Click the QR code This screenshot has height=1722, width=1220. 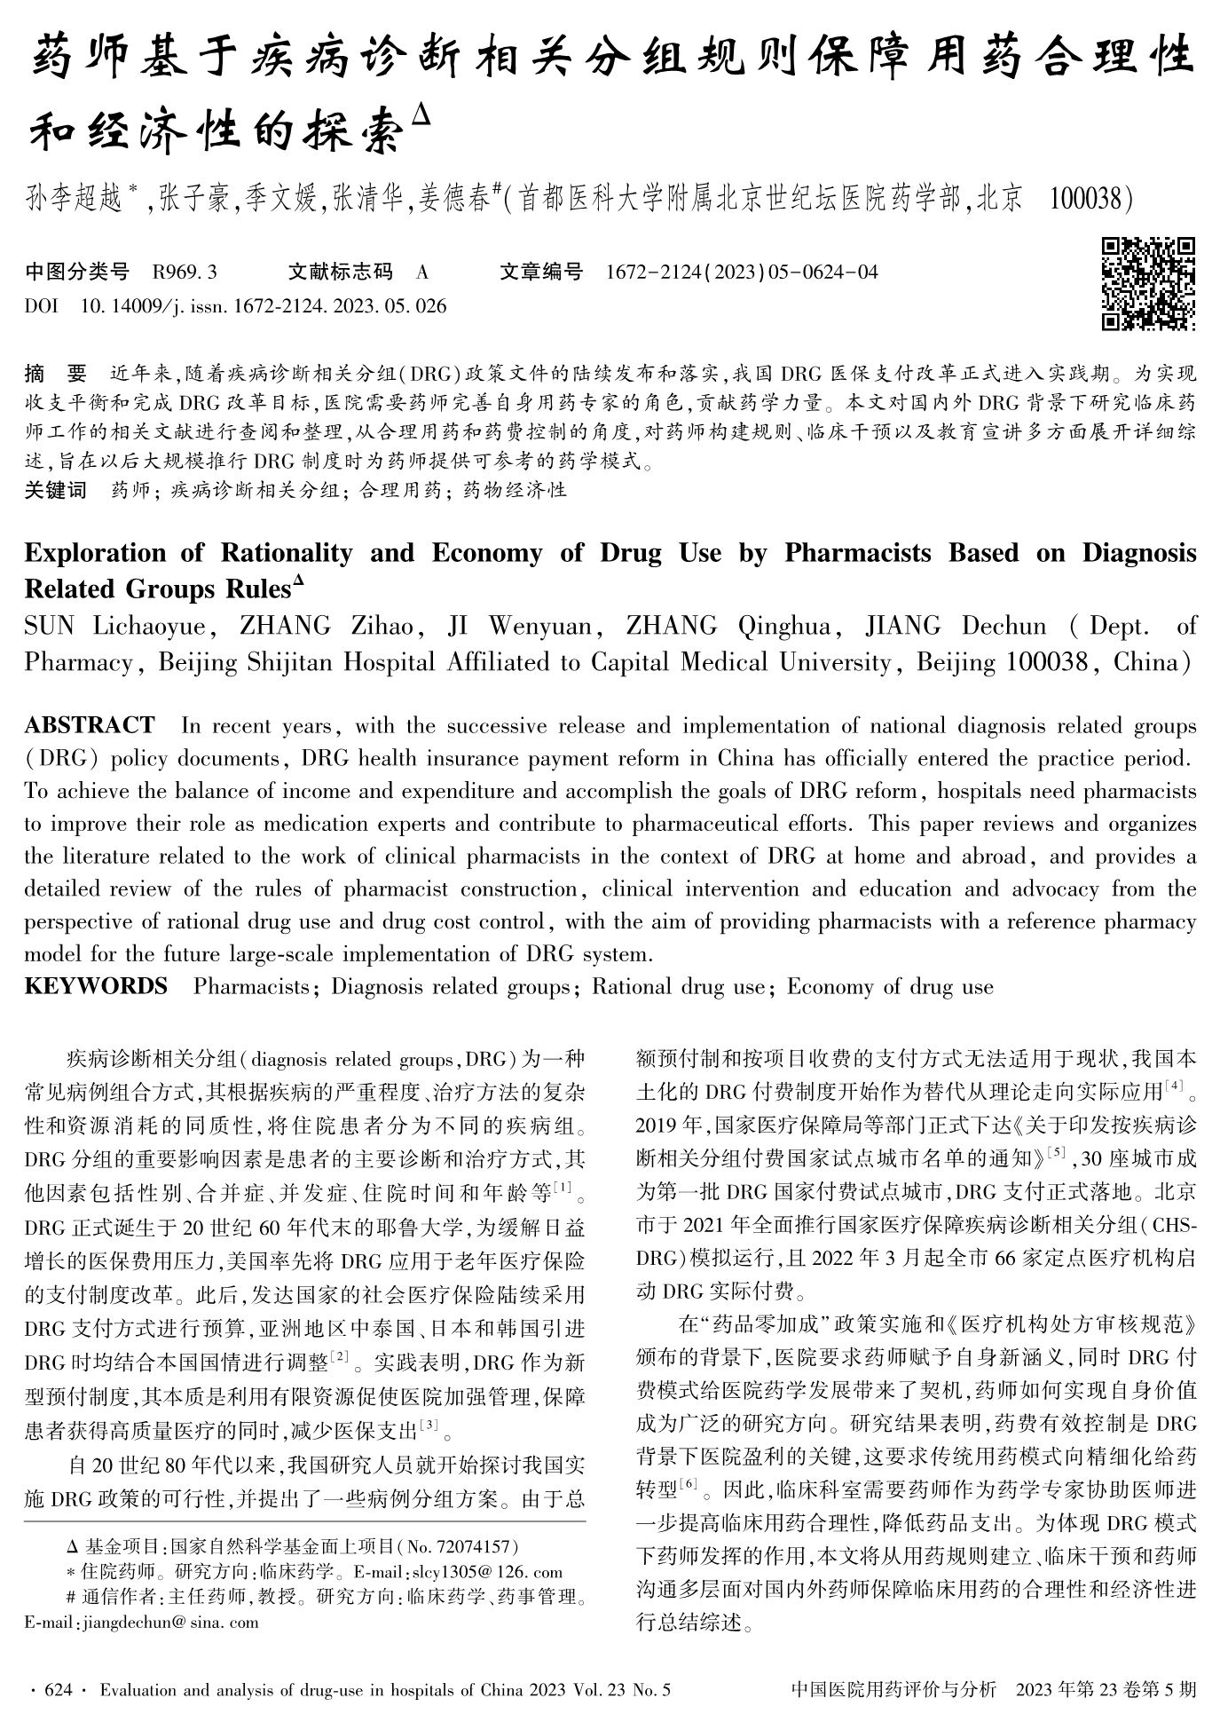coord(1148,283)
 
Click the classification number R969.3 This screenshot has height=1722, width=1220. coord(185,273)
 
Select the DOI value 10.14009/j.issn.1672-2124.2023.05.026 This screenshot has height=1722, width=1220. coord(264,307)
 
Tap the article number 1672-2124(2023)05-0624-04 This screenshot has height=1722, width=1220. coord(741,273)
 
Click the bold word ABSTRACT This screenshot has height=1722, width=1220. coord(90,726)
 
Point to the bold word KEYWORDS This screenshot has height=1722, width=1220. coord(96,987)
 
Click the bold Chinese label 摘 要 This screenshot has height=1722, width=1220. coord(55,374)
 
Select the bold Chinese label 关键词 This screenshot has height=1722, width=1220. coord(55,490)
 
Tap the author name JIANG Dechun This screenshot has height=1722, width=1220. coord(956,627)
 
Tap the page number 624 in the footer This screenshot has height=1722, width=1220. coord(57,1689)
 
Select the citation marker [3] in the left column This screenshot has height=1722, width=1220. coord(429,1426)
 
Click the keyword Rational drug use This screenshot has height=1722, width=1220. coord(679,987)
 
